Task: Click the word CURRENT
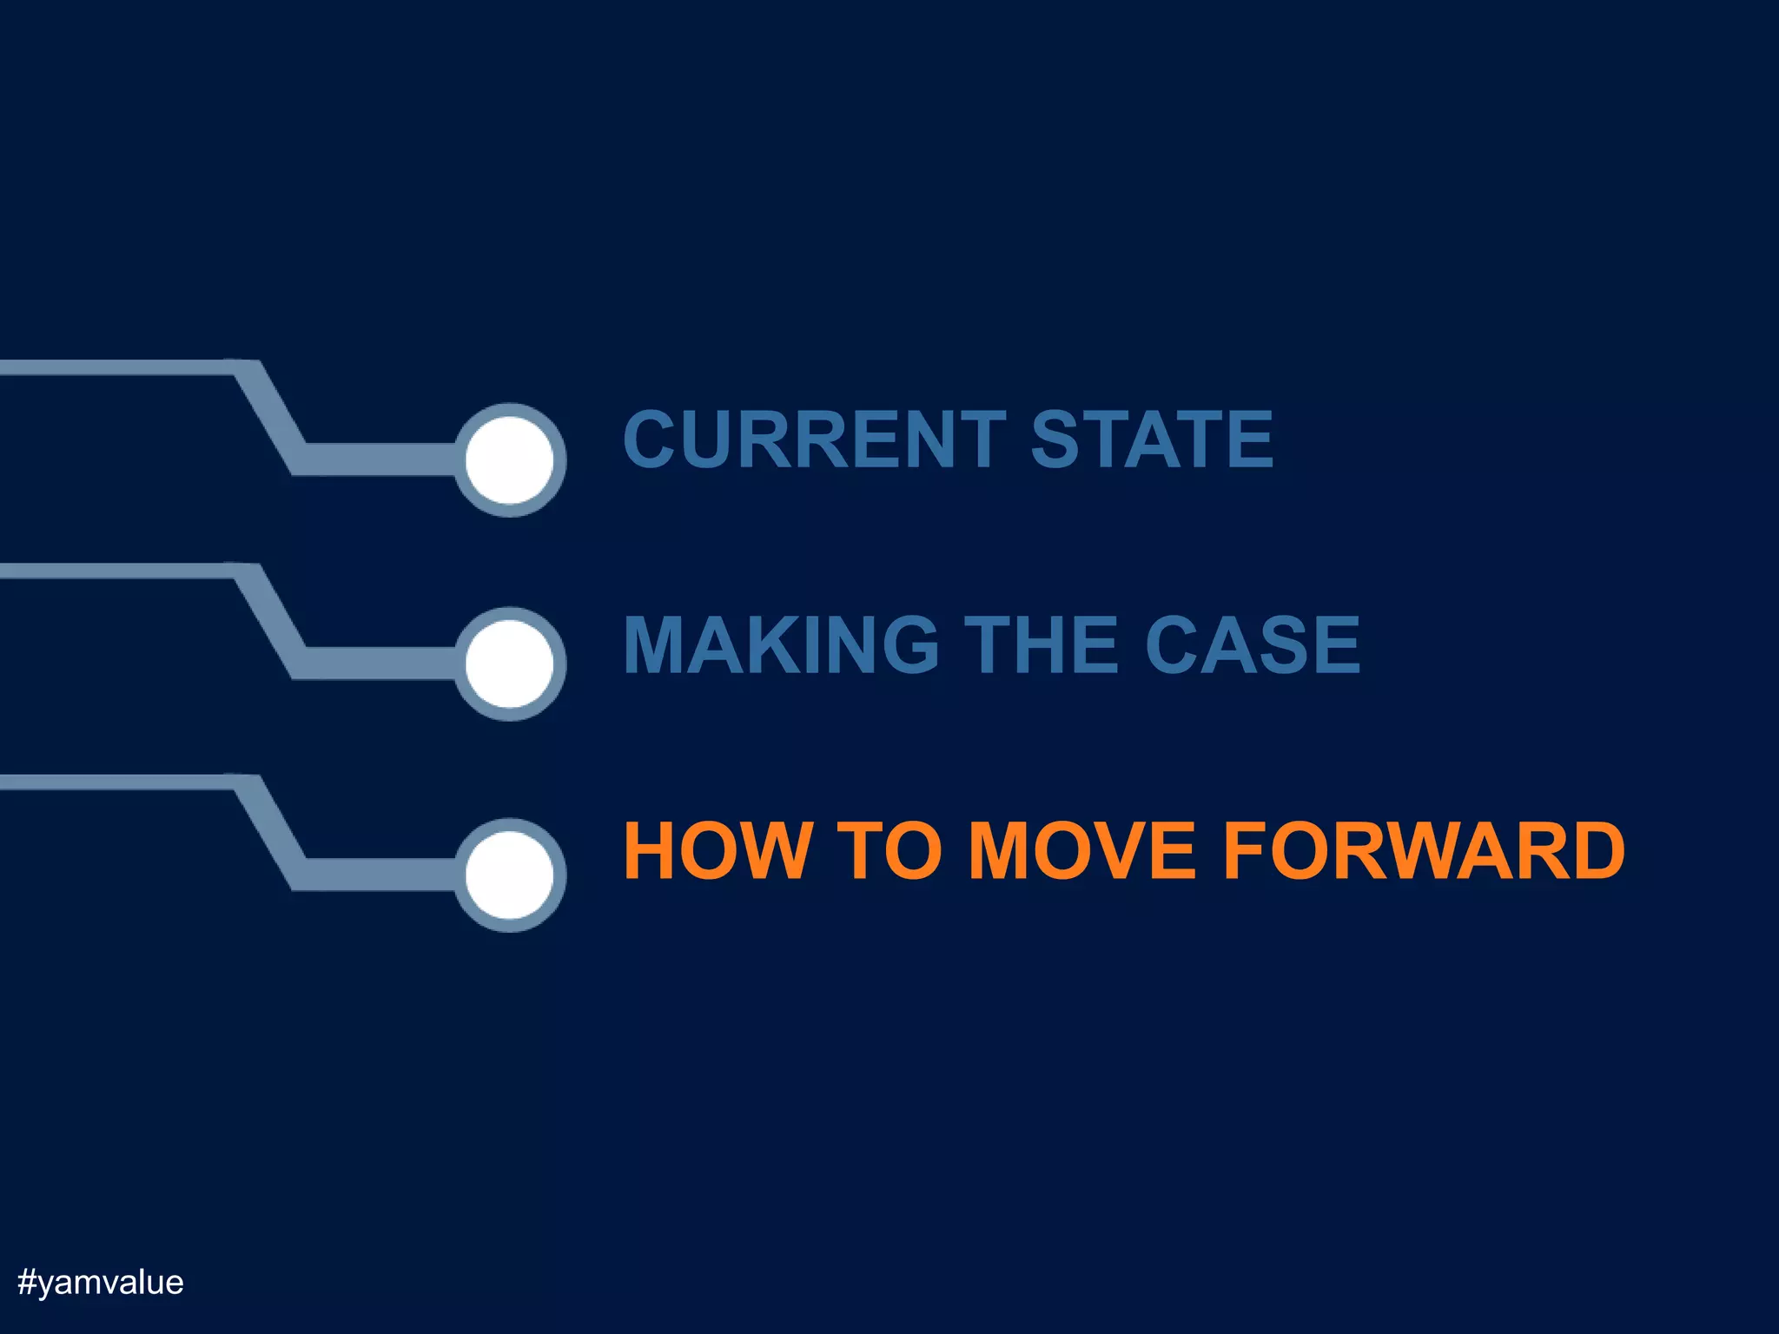(815, 439)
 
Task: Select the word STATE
(1152, 439)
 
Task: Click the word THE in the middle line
(1042, 644)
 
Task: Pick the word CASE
(1253, 644)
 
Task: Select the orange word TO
(889, 850)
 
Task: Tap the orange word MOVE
(1081, 850)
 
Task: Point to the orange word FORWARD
(1424, 850)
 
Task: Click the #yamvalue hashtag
(101, 1283)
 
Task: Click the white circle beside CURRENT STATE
(510, 459)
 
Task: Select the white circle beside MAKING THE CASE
(510, 664)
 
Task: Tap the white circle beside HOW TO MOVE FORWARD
(510, 875)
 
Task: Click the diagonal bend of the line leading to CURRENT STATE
(269, 417)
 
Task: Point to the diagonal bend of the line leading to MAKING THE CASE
(269, 620)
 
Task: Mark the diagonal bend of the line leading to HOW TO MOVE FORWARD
(269, 832)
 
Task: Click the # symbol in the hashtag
(27, 1283)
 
